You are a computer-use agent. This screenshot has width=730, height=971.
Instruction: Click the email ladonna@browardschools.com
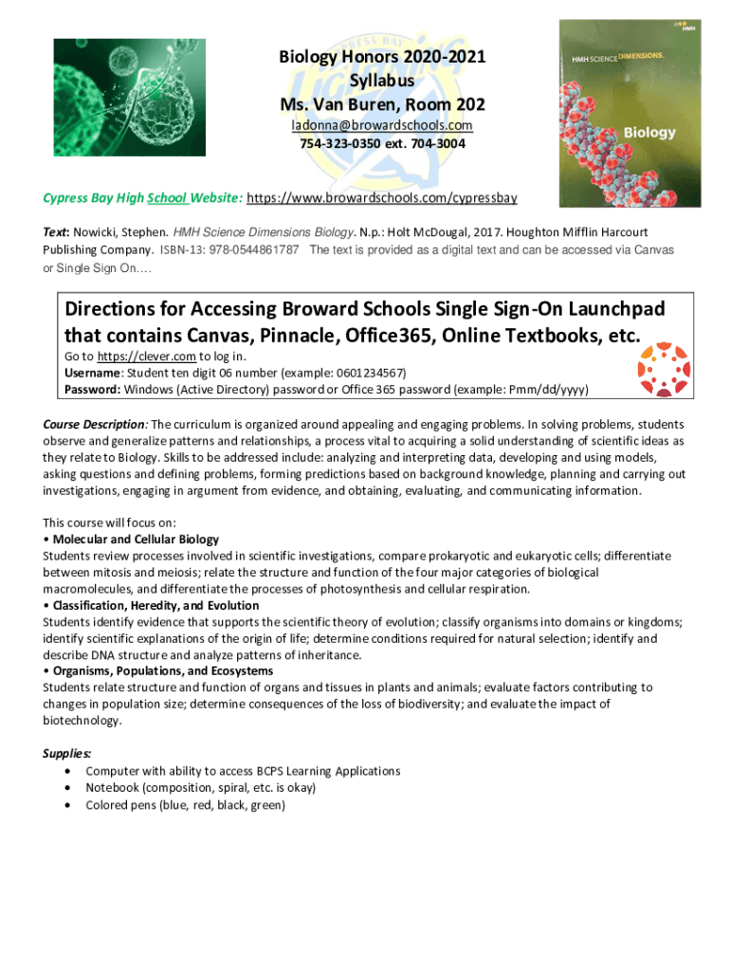(x=381, y=125)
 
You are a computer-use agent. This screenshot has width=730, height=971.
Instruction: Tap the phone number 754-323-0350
(x=347, y=143)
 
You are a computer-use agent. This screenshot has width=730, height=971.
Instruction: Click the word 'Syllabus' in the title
(x=381, y=81)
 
